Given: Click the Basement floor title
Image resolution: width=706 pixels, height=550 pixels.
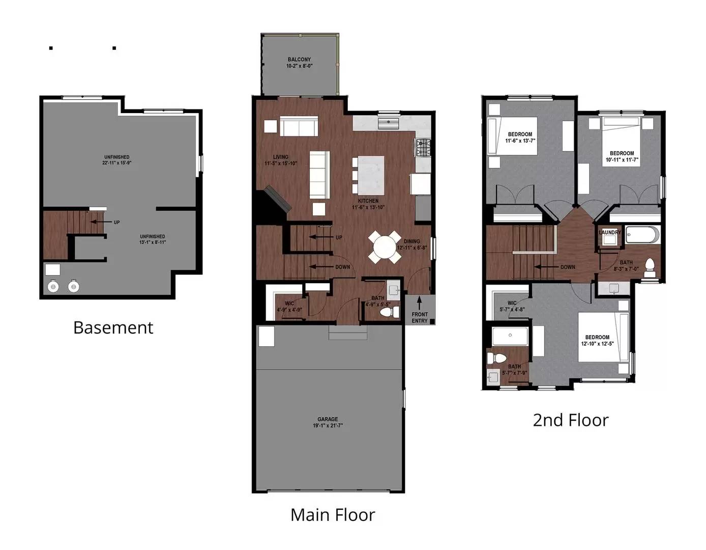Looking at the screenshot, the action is [x=113, y=328].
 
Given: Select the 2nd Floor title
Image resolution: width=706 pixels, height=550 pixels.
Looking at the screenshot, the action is [x=571, y=420].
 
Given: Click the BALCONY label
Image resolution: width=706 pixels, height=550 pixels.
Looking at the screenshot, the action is [x=299, y=60].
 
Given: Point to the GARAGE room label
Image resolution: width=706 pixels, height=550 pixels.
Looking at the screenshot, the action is [x=328, y=419].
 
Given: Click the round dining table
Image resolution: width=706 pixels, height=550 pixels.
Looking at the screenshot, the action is [x=385, y=247].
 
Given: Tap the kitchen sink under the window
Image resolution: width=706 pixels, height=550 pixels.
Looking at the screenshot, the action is [x=388, y=123].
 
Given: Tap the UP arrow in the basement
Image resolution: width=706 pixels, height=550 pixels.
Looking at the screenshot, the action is [x=101, y=222].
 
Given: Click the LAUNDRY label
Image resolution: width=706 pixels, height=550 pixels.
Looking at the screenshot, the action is [x=610, y=232].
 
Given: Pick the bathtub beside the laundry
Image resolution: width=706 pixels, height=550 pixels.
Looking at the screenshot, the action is [x=642, y=234].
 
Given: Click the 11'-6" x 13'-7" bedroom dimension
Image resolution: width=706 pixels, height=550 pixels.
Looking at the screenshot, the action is [x=520, y=141].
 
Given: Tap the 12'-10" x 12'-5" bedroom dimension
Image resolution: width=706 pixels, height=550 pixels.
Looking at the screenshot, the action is [x=597, y=343].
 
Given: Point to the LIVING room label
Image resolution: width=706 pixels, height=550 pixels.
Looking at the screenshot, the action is [x=281, y=157].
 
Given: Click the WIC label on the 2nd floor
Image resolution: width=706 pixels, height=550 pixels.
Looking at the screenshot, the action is [x=512, y=303].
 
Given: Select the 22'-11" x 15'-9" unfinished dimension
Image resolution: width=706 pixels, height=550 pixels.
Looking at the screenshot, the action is [x=116, y=162].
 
